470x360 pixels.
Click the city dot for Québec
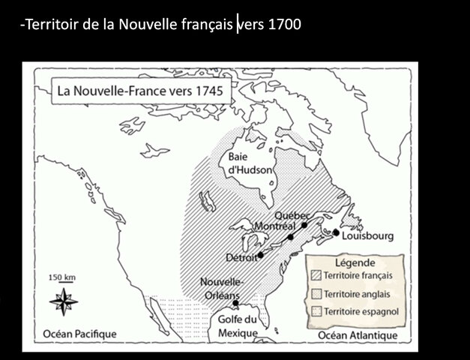[304, 224]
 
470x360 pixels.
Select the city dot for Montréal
[290, 237]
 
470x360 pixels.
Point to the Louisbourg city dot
[336, 233]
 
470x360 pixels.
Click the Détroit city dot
[260, 255]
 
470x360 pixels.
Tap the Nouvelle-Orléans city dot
[235, 303]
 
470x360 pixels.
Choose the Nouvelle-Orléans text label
[222, 288]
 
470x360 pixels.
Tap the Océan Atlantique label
[356, 333]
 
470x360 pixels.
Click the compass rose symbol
[62, 303]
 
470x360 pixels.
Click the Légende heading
[355, 263]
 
